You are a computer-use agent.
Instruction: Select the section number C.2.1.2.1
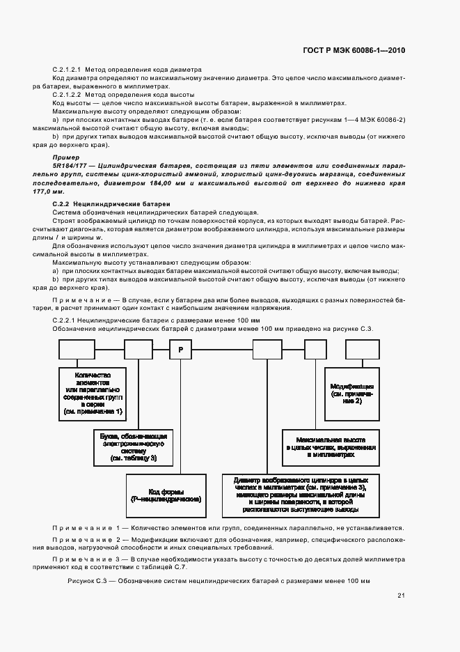click(68, 70)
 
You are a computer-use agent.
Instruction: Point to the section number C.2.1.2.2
click(68, 94)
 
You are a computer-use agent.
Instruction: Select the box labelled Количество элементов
click(90, 393)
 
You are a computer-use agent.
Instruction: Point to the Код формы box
click(166, 495)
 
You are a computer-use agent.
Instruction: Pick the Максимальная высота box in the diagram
click(329, 447)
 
